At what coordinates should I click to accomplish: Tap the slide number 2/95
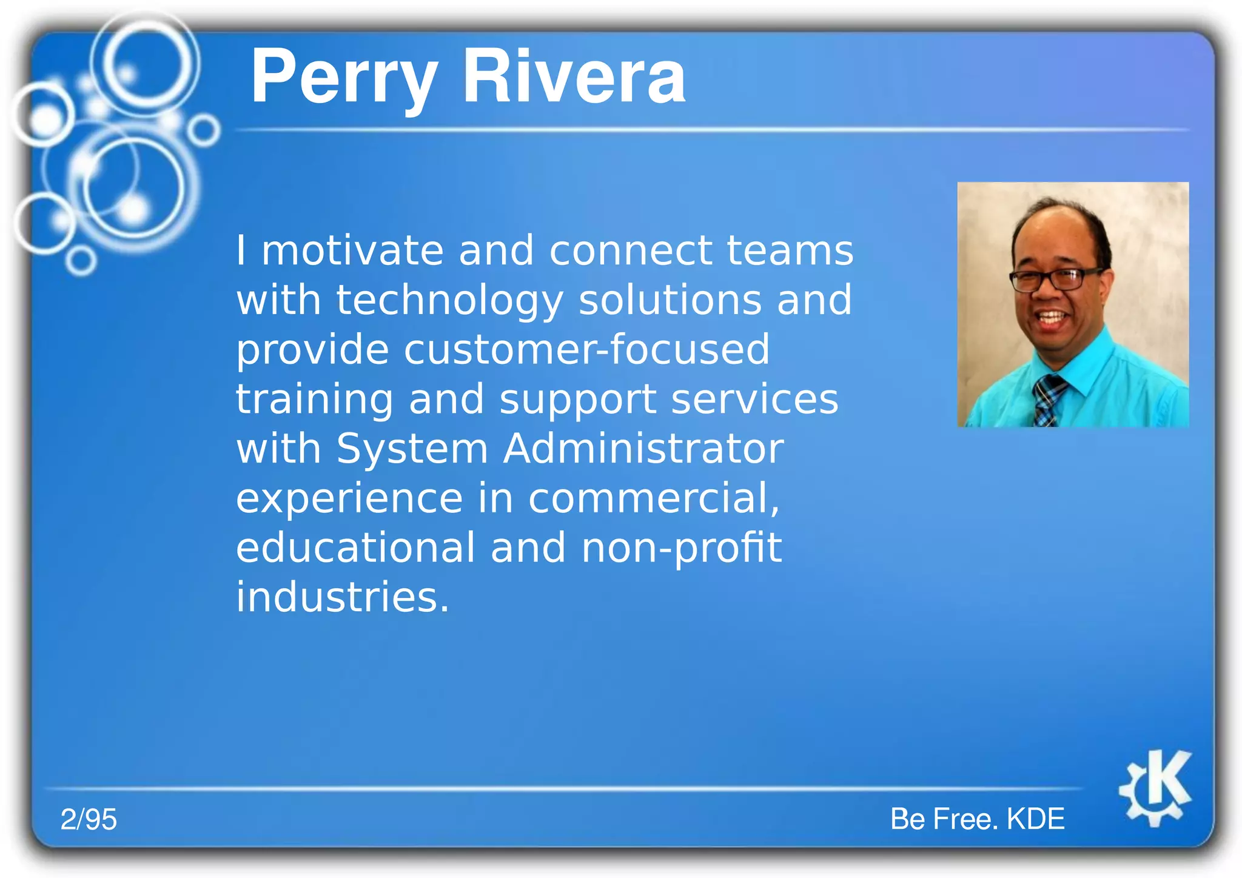[x=89, y=819]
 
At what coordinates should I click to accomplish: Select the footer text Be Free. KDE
[x=977, y=819]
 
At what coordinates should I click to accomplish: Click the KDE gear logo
[x=1156, y=788]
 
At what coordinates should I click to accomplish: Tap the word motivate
[x=352, y=250]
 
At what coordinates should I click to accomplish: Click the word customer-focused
[x=586, y=350]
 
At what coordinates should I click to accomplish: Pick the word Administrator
[x=643, y=449]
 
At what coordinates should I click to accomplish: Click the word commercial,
[x=654, y=498]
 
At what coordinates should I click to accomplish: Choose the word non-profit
[x=681, y=548]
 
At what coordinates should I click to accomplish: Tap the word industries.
[x=342, y=597]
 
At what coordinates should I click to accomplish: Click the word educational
[x=355, y=548]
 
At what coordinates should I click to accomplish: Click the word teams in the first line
[x=790, y=250]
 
